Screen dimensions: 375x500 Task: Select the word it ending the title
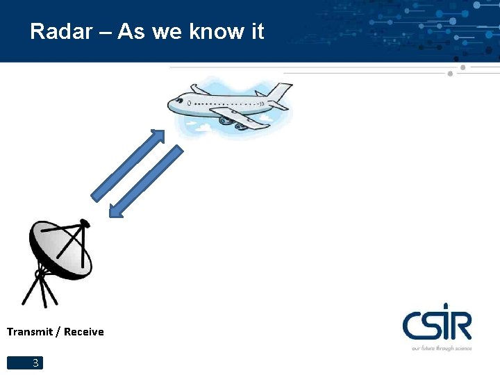coord(256,31)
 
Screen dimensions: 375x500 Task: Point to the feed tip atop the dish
coord(85,224)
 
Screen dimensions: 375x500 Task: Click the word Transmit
coord(30,332)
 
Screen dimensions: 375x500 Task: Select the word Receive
coord(84,332)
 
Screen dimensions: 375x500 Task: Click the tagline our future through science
coord(442,347)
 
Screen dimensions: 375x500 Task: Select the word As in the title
coord(131,31)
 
